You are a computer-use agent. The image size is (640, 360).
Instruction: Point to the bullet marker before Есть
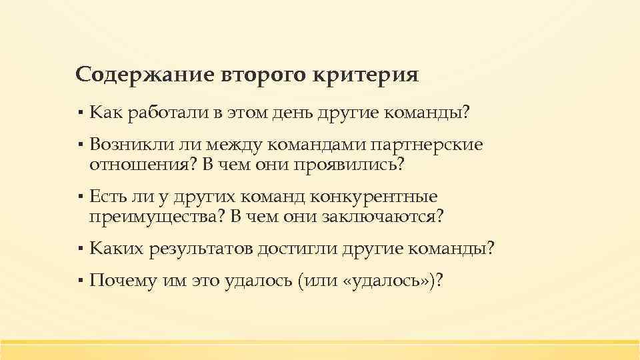tap(79, 198)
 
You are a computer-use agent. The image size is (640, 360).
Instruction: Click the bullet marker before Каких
tap(79, 250)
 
